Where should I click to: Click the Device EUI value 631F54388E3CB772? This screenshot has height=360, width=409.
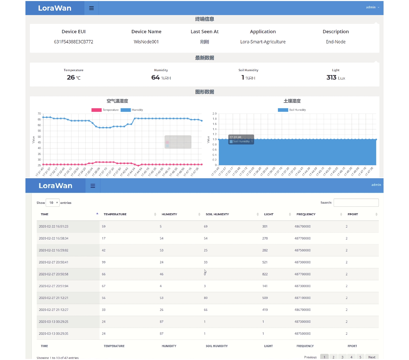coord(73,42)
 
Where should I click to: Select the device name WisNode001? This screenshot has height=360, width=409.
coord(146,42)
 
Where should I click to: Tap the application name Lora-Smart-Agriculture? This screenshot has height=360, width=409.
coord(263,42)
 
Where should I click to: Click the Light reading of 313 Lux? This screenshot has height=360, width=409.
coord(336,77)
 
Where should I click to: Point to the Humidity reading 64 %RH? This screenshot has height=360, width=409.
coord(161,77)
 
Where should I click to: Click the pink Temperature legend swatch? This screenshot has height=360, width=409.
coord(96,110)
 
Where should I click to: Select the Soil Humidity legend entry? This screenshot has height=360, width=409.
coord(292,110)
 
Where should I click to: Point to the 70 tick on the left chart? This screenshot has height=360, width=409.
coord(39,114)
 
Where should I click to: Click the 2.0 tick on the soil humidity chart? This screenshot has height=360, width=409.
coord(214,114)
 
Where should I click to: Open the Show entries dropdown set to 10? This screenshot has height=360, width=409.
coord(53,203)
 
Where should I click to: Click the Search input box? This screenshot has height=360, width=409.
coord(356,203)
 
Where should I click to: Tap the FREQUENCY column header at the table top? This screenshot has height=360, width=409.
coord(306,214)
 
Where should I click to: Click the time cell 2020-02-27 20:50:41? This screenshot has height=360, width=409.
coord(53,262)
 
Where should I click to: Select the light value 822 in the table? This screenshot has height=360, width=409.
coord(265,274)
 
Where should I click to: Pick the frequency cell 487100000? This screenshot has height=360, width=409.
coord(303,298)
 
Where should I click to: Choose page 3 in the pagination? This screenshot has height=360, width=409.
coord(343,357)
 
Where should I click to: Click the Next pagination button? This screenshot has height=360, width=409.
coord(372,357)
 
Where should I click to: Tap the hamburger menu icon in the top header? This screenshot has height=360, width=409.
coord(91,8)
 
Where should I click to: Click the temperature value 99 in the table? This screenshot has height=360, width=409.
coord(104,262)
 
